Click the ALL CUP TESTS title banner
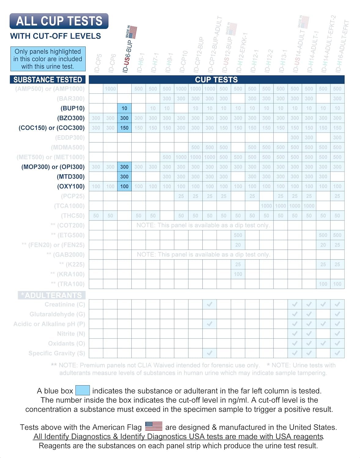point(59,21)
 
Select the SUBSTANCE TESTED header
point(48,80)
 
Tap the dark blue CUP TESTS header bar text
point(216,80)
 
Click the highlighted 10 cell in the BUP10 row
point(124,108)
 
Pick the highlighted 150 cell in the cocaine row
point(124,128)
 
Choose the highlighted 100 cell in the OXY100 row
point(124,186)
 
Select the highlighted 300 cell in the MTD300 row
point(124,176)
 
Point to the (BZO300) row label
point(71,118)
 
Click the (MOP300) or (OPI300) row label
point(53,167)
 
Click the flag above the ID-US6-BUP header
point(133,32)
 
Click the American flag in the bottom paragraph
point(154,426)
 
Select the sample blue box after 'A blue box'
point(83,391)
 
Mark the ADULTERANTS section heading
point(52,295)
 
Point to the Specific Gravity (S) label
point(57,353)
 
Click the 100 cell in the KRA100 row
point(238,274)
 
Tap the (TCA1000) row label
point(69,206)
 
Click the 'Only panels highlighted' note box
point(48,59)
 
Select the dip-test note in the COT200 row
point(203,225)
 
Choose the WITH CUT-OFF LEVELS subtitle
point(56,36)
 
